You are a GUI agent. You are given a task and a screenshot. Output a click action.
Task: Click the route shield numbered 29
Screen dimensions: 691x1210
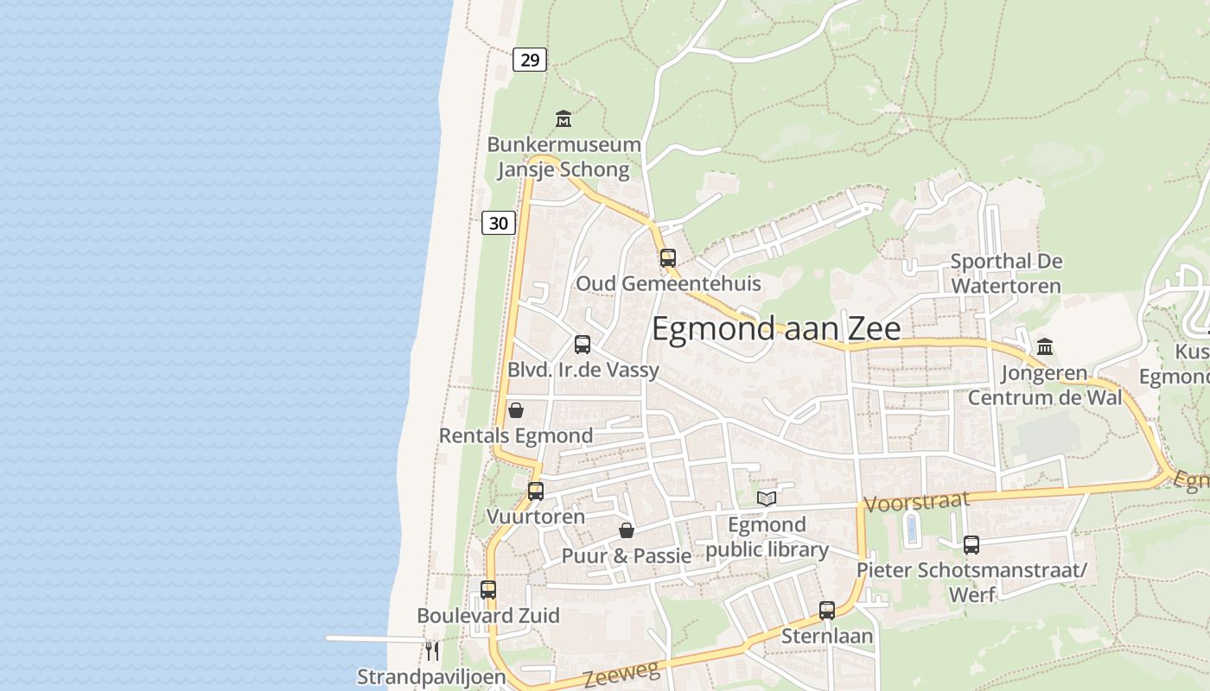click(530, 60)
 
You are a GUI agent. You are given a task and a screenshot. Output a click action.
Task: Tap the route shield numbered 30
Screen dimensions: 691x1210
click(499, 223)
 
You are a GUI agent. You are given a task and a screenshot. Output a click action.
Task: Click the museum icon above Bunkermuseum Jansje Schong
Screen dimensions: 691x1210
click(564, 118)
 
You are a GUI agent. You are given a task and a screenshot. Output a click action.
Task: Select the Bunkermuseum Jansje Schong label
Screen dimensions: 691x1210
click(564, 156)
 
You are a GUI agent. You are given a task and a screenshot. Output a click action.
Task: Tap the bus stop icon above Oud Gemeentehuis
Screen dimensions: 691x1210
click(668, 257)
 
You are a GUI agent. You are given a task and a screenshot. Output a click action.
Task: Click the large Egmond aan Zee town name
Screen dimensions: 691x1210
click(775, 329)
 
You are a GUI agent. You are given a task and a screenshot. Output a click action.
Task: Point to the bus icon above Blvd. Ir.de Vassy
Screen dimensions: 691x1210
click(583, 345)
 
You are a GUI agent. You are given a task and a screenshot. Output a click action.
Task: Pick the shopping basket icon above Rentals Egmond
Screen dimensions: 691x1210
click(516, 410)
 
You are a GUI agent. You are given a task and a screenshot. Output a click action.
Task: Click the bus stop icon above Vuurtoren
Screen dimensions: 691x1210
click(536, 491)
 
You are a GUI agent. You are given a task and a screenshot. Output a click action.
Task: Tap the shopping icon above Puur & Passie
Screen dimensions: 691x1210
click(627, 530)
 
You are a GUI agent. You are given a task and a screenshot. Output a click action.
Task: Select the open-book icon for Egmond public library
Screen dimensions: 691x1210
click(767, 498)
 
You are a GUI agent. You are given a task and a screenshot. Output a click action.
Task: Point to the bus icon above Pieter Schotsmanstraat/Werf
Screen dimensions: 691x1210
click(971, 545)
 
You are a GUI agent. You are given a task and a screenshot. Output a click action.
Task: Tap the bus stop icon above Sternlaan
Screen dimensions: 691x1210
click(827, 611)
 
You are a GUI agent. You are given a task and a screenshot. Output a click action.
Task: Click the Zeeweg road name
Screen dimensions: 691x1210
click(621, 674)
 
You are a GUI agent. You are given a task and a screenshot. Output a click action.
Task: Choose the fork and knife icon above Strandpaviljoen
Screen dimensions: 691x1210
click(432, 650)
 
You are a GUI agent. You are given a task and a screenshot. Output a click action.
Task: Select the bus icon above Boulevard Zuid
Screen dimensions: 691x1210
click(488, 590)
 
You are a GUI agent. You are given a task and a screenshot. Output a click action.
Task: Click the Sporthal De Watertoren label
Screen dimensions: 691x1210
click(1006, 273)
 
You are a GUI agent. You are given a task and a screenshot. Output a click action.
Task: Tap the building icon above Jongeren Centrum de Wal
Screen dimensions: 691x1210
click(1045, 347)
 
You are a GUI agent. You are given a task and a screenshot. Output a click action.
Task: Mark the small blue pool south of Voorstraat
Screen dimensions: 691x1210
click(911, 528)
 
